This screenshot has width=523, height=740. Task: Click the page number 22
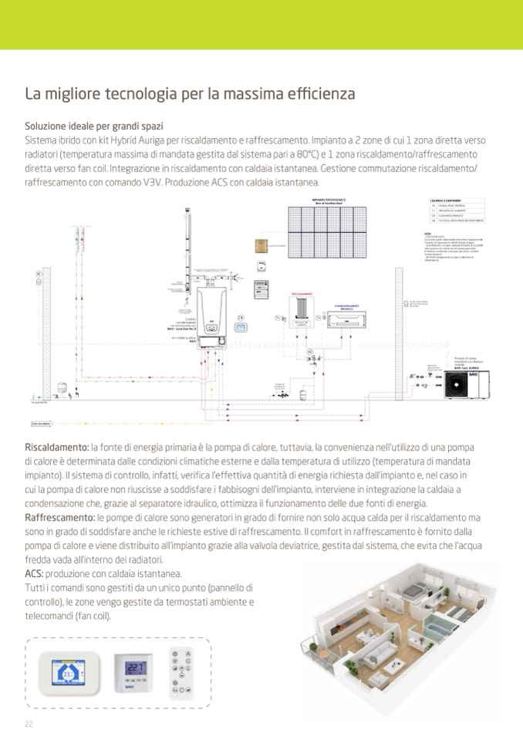[x=29, y=723]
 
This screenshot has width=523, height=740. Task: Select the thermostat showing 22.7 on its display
[x=135, y=670]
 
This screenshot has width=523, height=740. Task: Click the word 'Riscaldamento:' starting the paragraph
[x=57, y=448]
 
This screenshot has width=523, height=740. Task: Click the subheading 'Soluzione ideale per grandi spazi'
[x=93, y=126]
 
